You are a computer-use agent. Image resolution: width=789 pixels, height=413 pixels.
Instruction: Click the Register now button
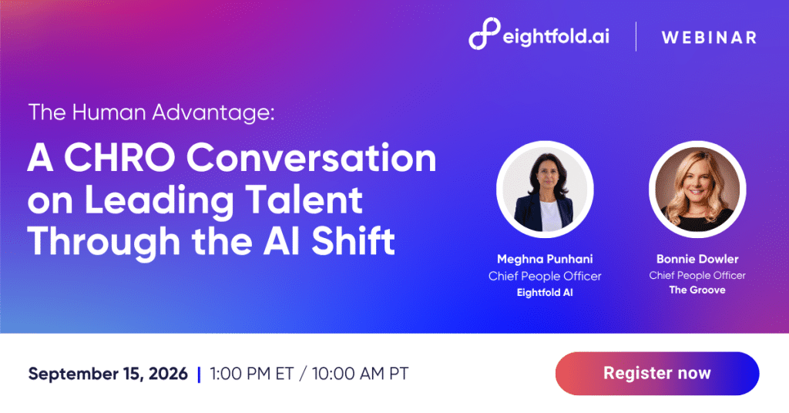click(x=657, y=373)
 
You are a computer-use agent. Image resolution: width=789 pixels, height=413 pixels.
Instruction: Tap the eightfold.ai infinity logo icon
click(x=485, y=34)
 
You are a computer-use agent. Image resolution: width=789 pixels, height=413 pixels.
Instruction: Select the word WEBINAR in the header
click(x=709, y=37)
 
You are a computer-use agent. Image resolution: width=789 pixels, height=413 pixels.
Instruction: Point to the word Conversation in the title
click(x=311, y=158)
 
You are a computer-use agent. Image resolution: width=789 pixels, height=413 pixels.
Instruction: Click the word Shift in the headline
click(x=353, y=241)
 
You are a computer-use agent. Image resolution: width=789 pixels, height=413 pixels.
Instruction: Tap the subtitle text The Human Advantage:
click(x=152, y=112)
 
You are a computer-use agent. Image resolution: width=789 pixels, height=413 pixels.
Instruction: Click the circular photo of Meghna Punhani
click(x=545, y=189)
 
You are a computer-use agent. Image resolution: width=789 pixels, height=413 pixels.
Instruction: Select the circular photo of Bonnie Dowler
click(x=697, y=189)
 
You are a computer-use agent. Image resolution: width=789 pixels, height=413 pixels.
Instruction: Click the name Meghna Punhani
click(x=545, y=259)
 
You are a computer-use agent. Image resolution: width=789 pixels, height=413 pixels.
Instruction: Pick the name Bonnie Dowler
click(x=697, y=259)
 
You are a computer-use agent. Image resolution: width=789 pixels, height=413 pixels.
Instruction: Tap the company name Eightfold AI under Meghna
click(x=545, y=292)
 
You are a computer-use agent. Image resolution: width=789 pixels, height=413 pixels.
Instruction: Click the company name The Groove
click(x=697, y=290)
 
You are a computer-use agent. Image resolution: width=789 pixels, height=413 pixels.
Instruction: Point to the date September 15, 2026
click(x=108, y=374)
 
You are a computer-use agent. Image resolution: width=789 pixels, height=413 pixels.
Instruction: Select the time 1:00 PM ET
click(x=252, y=374)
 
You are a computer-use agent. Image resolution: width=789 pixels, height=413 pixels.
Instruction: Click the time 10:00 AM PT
click(x=361, y=374)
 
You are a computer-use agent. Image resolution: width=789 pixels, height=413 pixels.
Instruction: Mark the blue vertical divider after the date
click(x=199, y=374)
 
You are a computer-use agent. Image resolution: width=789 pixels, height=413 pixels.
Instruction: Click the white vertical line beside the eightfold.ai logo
click(x=636, y=37)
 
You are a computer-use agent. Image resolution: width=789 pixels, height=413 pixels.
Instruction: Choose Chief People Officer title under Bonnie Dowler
click(x=697, y=275)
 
